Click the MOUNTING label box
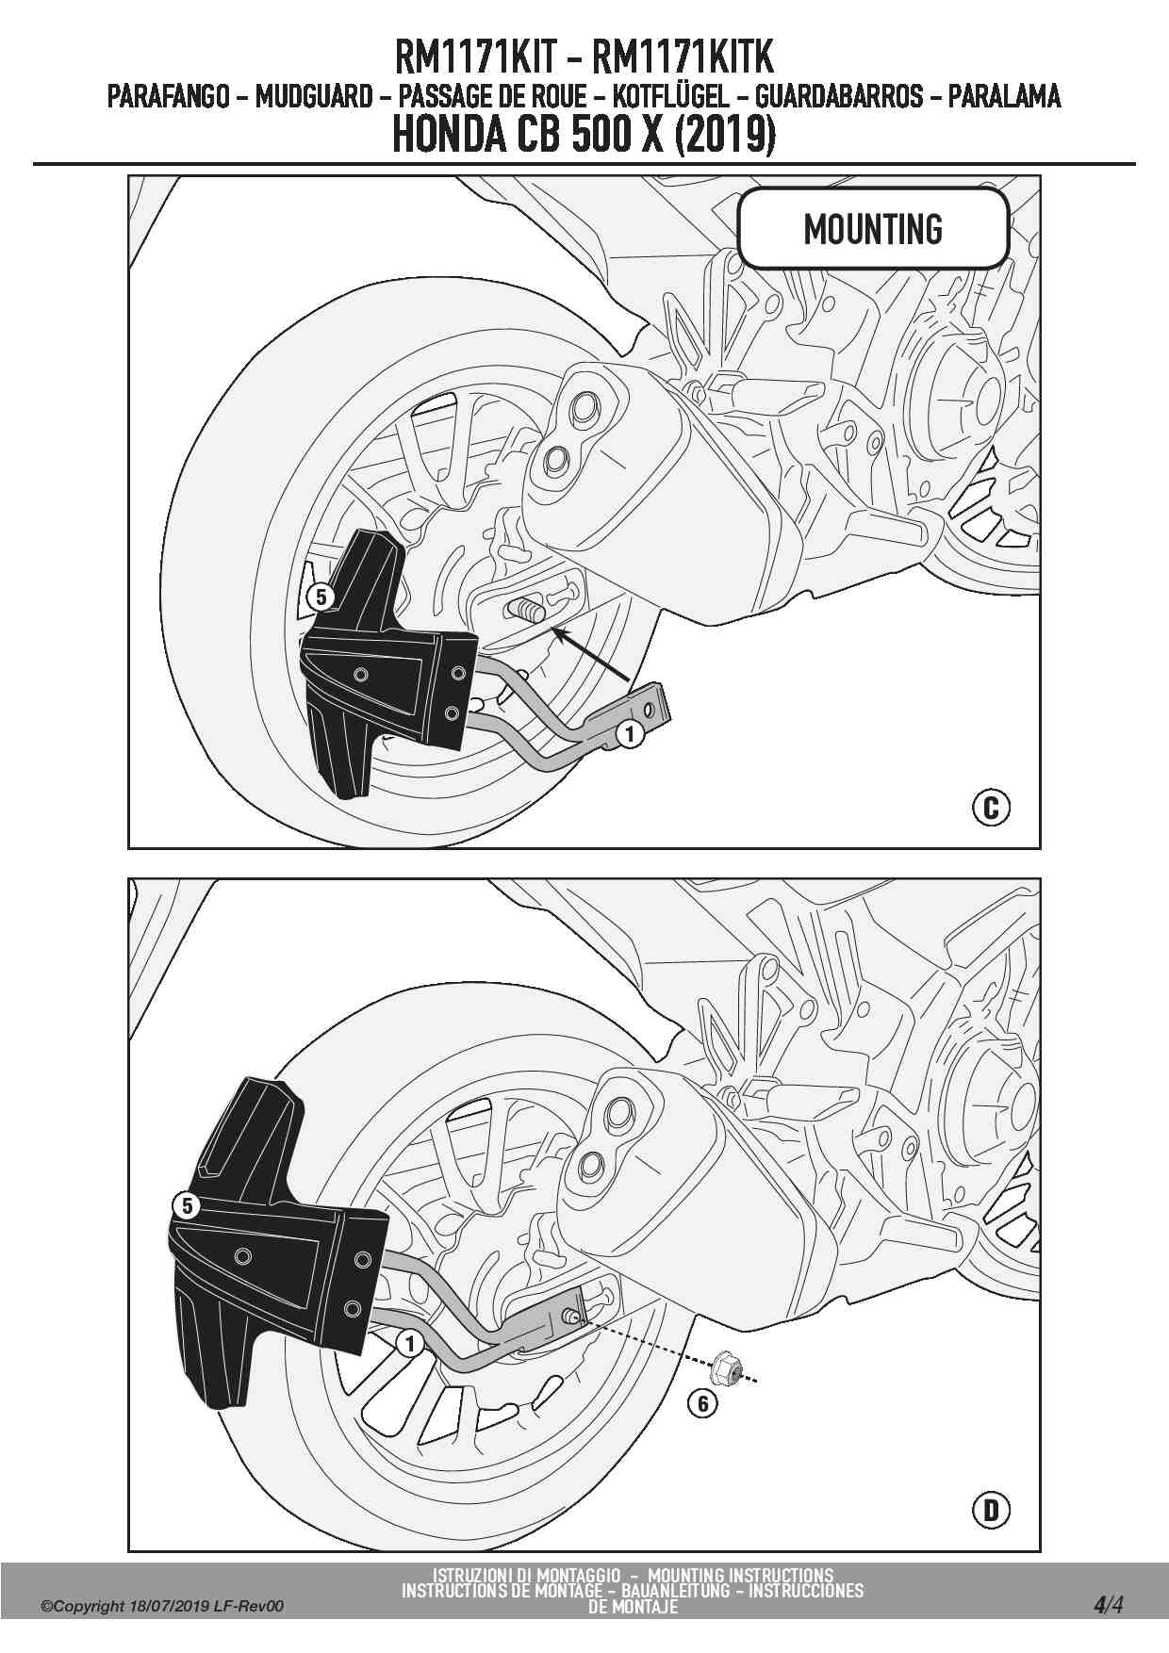click(x=873, y=228)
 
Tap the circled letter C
click(x=991, y=808)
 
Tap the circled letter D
click(x=991, y=1511)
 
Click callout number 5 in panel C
click(x=321, y=597)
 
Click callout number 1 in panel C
click(x=629, y=733)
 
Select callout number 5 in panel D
click(x=187, y=1206)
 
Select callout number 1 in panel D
click(x=409, y=1343)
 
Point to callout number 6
click(x=702, y=1403)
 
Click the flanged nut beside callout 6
click(x=726, y=1367)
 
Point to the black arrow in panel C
click(x=591, y=654)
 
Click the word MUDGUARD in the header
click(x=314, y=96)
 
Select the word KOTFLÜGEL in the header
click(x=670, y=96)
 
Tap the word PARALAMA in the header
click(x=1004, y=96)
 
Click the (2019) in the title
click(x=725, y=135)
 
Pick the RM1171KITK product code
click(x=683, y=57)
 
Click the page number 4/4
click(x=1109, y=1605)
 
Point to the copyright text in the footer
click(x=161, y=1607)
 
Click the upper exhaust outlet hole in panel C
click(x=582, y=411)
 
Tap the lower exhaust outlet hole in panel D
click(x=591, y=1165)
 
